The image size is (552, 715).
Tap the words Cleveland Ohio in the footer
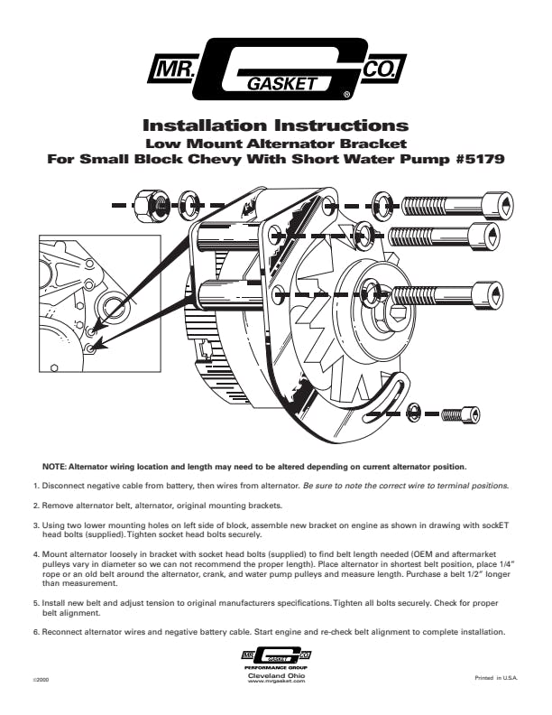(276, 675)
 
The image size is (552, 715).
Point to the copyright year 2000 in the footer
(40, 677)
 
